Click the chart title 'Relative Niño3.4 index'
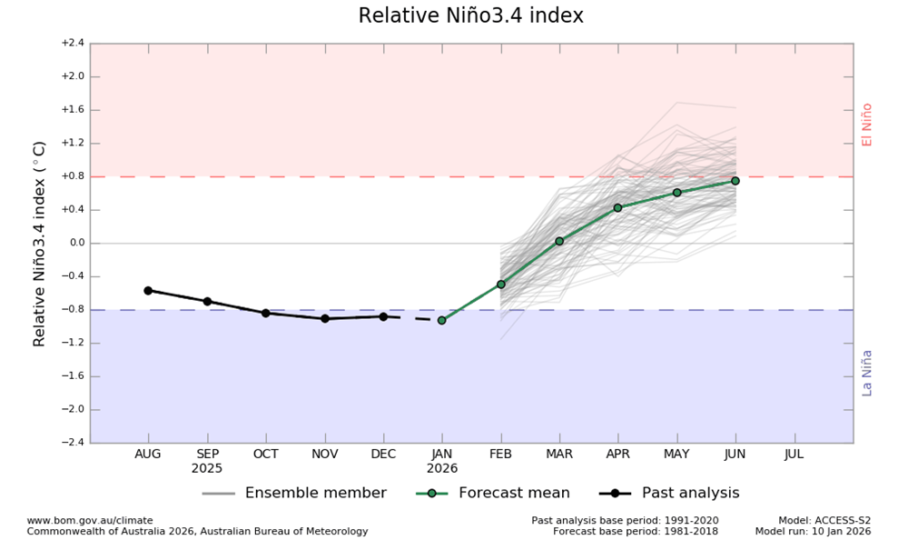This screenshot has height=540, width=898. pyautogui.click(x=470, y=16)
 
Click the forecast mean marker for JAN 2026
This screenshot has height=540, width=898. pyautogui.click(x=442, y=320)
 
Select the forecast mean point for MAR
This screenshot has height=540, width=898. pyautogui.click(x=559, y=241)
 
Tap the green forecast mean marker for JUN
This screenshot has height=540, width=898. pyautogui.click(x=735, y=181)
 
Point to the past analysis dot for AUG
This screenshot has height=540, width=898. pyautogui.click(x=148, y=290)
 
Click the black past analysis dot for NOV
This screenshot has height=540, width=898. pyautogui.click(x=324, y=318)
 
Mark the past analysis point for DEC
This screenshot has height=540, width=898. pyautogui.click(x=383, y=316)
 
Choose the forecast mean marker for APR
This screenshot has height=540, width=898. pyautogui.click(x=617, y=207)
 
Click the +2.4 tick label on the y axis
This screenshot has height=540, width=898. pyautogui.click(x=72, y=43)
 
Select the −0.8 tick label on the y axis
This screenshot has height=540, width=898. pyautogui.click(x=72, y=310)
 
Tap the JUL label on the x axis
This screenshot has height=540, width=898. pyautogui.click(x=794, y=454)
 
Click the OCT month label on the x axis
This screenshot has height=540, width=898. pyautogui.click(x=265, y=454)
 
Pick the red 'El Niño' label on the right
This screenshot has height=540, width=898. pyautogui.click(x=867, y=125)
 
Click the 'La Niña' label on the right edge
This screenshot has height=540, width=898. pyautogui.click(x=867, y=373)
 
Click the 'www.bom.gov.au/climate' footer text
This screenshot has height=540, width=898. pyautogui.click(x=90, y=521)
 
